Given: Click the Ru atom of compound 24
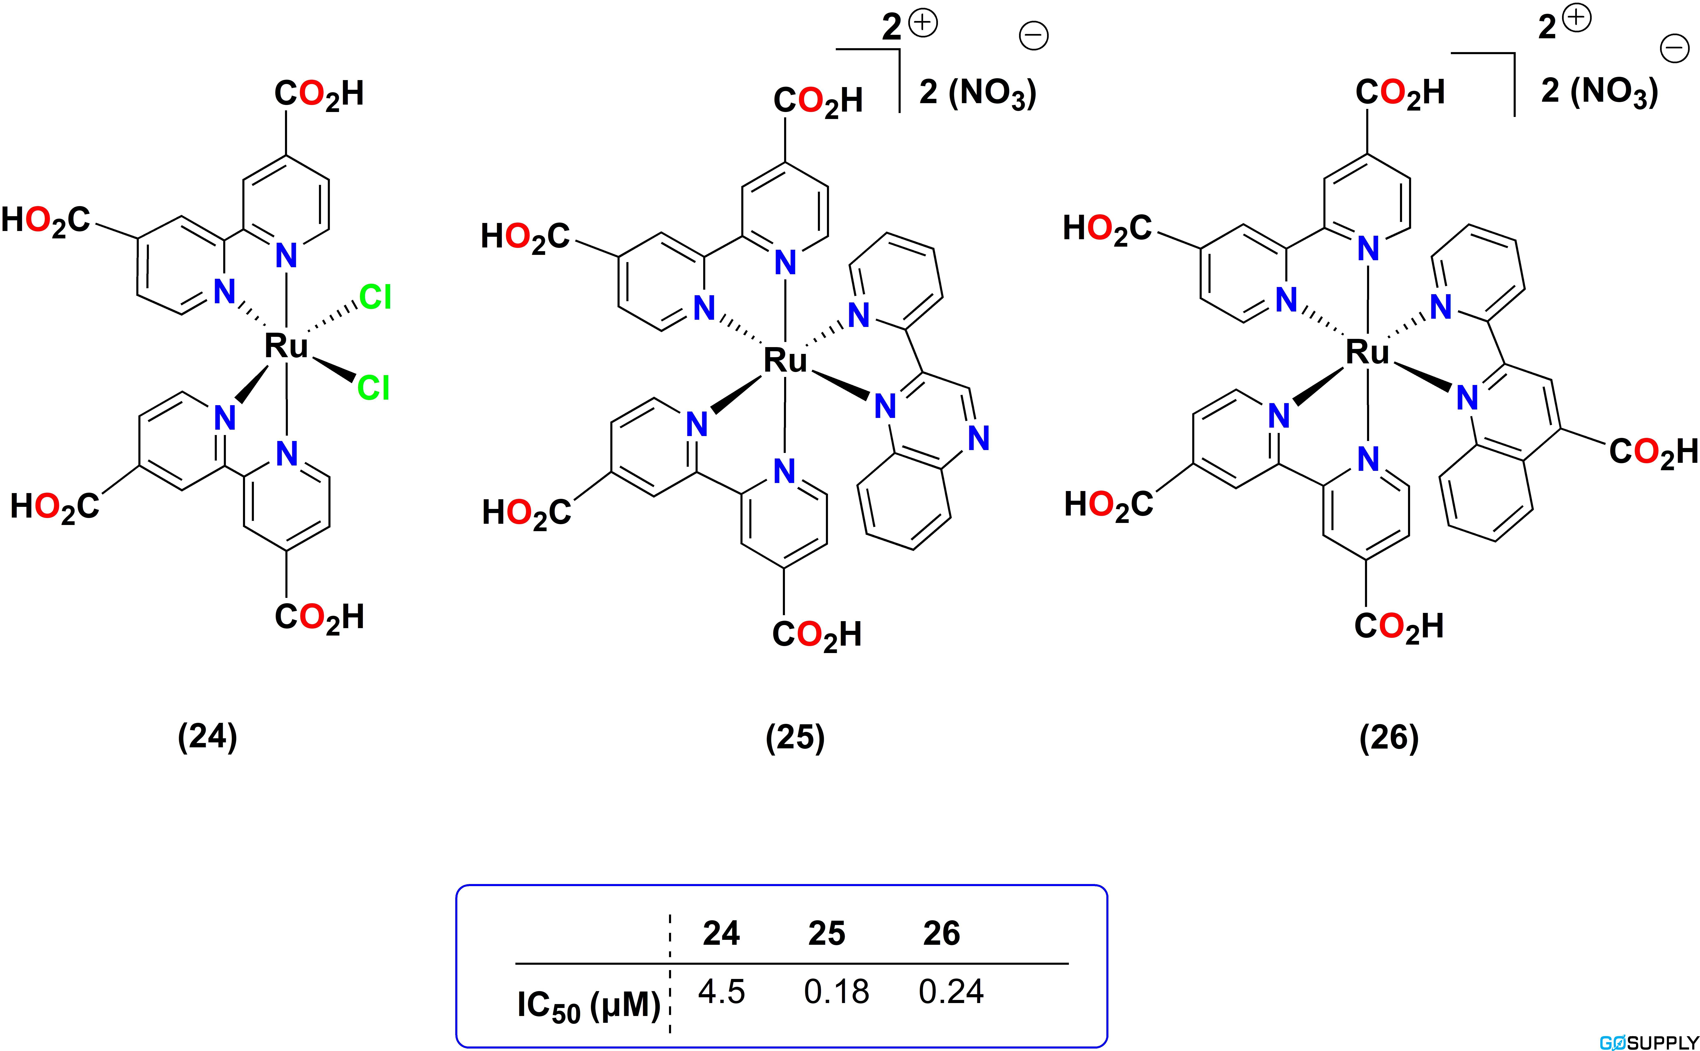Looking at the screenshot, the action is [x=286, y=345].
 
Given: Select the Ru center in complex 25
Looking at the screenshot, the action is [x=785, y=360].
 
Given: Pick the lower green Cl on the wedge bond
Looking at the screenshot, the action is [x=373, y=388].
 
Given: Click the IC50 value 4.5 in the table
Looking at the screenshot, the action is [x=722, y=991].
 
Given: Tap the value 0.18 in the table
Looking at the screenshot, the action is [x=836, y=991].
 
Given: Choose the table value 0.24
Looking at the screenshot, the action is [x=951, y=991].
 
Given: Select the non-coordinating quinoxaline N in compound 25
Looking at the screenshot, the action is [x=978, y=438].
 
